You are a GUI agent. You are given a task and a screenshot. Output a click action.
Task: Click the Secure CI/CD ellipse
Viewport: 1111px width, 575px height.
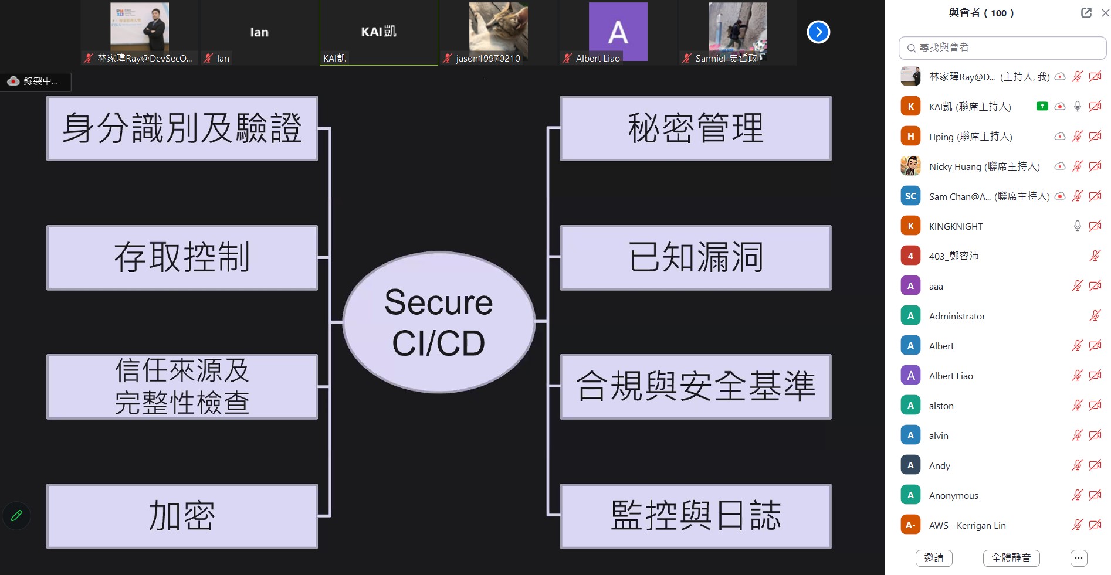tap(439, 322)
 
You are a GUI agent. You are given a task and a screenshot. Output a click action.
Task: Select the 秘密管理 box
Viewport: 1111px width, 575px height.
tap(696, 128)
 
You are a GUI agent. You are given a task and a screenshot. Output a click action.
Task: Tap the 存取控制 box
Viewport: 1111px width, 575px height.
tap(182, 257)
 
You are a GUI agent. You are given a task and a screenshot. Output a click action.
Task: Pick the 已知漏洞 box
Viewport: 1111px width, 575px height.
tap(696, 257)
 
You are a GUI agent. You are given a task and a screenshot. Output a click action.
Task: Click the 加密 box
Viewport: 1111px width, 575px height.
tap(182, 516)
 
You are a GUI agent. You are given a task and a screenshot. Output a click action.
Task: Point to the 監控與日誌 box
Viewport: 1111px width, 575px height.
tap(696, 516)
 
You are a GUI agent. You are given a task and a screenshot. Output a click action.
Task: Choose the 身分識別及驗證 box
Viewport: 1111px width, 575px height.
tap(182, 128)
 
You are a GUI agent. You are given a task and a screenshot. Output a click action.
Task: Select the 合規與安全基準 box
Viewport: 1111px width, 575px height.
tap(696, 386)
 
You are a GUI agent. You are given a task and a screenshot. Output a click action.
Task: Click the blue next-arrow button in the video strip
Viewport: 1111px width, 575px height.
tap(818, 32)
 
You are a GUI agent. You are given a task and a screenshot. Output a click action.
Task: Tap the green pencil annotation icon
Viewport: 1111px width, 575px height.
tap(16, 516)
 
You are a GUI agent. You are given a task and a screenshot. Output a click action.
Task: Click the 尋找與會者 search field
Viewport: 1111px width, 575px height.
tap(1003, 48)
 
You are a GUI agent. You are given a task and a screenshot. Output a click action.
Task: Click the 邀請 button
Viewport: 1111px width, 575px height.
tap(933, 558)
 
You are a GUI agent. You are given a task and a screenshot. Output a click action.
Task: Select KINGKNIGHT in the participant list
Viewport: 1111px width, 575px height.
tap(956, 226)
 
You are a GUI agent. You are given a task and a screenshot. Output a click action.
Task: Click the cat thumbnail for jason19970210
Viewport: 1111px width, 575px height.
tap(498, 29)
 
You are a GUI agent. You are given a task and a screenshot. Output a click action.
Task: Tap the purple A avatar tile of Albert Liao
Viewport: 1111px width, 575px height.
tap(618, 31)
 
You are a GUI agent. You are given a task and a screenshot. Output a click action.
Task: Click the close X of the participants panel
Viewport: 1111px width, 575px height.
tap(1105, 13)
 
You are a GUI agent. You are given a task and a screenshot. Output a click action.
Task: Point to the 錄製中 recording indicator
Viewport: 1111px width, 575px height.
tap(35, 81)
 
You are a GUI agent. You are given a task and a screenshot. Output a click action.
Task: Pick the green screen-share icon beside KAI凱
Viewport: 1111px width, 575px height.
tap(1042, 106)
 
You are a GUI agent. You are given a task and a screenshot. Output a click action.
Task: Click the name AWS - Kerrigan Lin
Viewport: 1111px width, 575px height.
tap(967, 526)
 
